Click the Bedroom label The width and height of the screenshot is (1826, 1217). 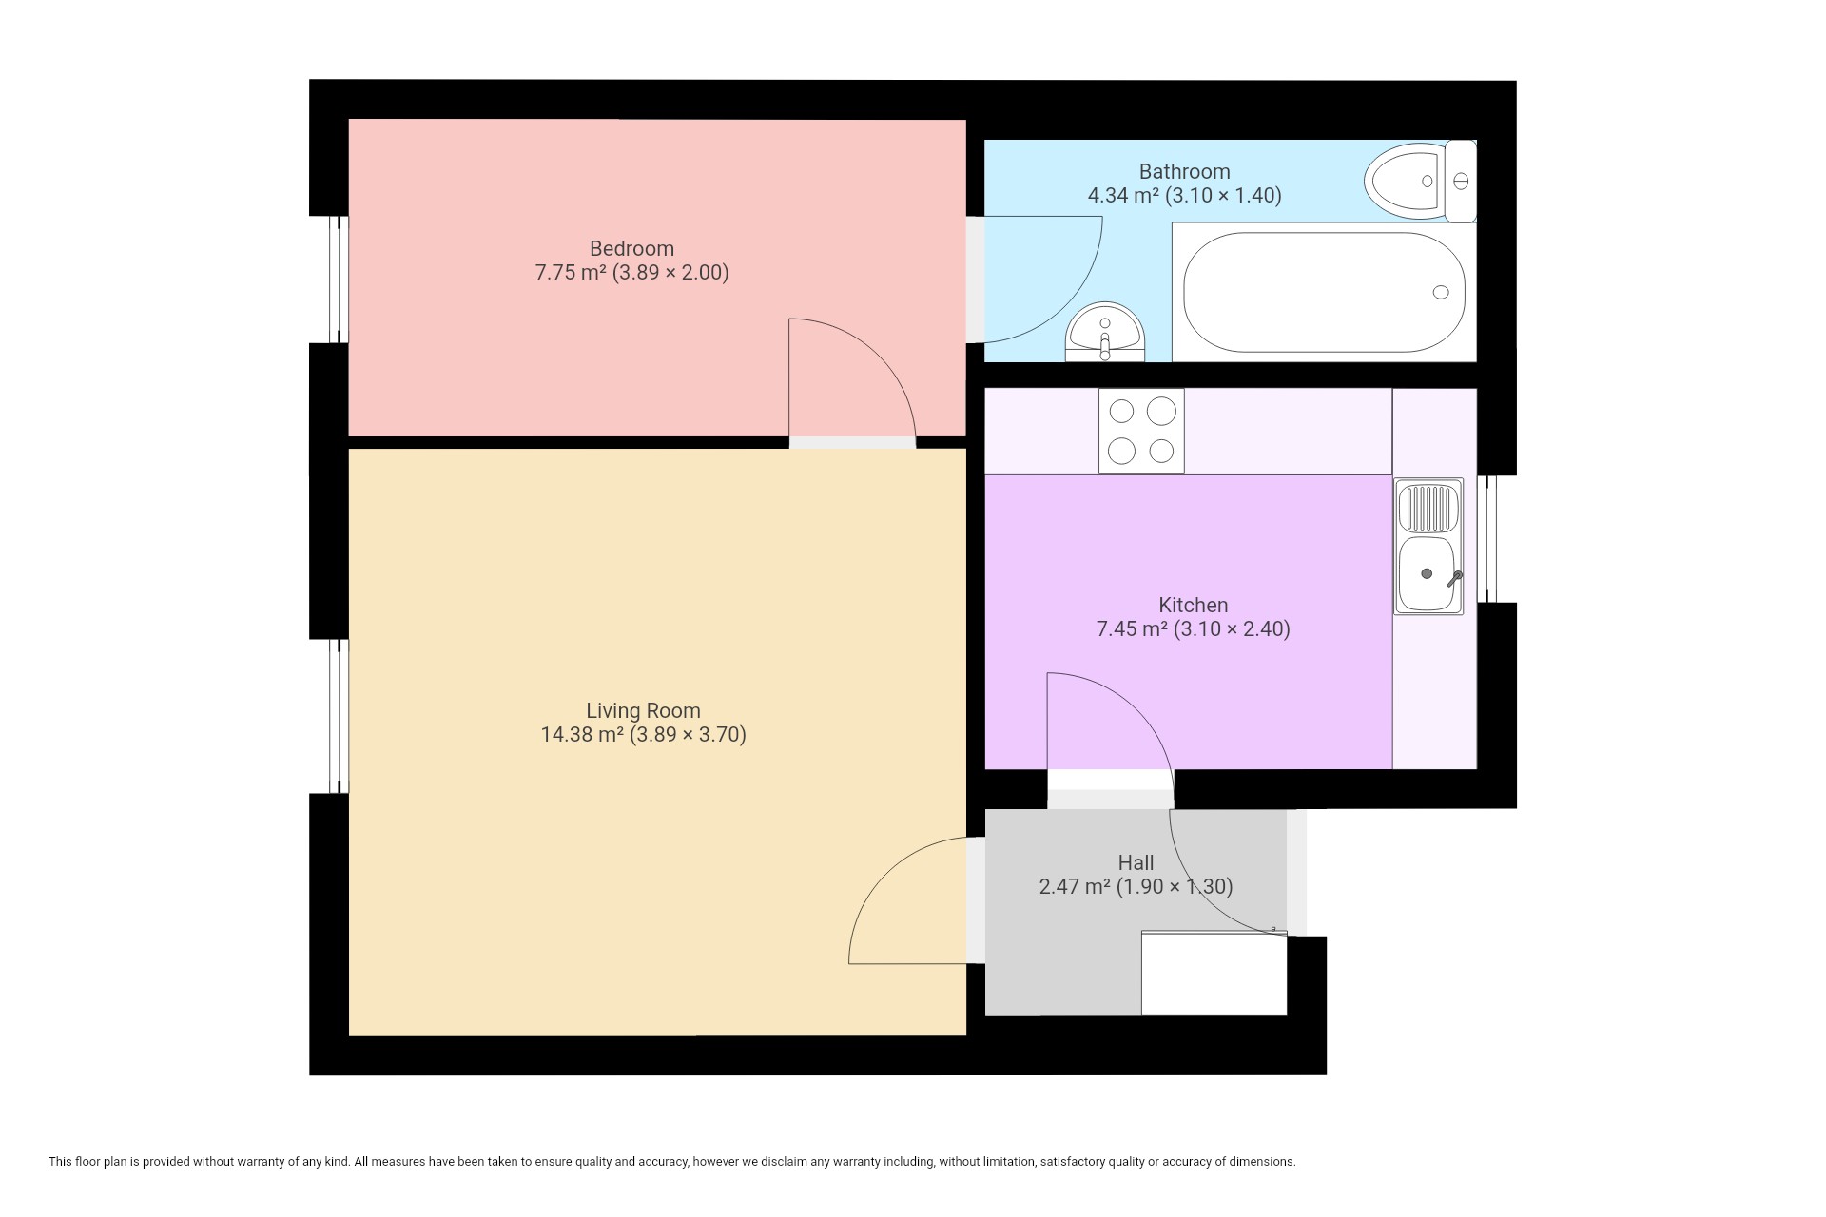click(631, 248)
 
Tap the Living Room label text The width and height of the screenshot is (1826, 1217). click(643, 710)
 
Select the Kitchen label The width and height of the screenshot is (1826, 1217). click(1193, 605)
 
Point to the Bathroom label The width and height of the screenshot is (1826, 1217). click(1184, 171)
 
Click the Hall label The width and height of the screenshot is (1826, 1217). click(1136, 862)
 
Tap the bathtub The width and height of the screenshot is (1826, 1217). click(1324, 292)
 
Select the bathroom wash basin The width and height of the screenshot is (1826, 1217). click(1105, 332)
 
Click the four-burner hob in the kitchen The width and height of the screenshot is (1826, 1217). click(1141, 431)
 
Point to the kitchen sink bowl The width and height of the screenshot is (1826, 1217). click(1427, 574)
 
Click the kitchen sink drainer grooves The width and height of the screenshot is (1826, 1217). click(1428, 509)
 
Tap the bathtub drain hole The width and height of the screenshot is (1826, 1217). click(1441, 292)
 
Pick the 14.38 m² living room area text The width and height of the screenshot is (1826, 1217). click(582, 734)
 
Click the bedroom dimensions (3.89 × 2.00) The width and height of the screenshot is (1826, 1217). click(670, 273)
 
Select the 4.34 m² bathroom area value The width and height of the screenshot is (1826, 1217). click(1123, 195)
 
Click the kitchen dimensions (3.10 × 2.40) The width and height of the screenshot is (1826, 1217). click(1232, 628)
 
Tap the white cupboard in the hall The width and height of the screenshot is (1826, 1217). click(1214, 974)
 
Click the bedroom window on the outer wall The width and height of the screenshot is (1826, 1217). click(340, 279)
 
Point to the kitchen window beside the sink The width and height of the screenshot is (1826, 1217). click(1486, 539)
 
